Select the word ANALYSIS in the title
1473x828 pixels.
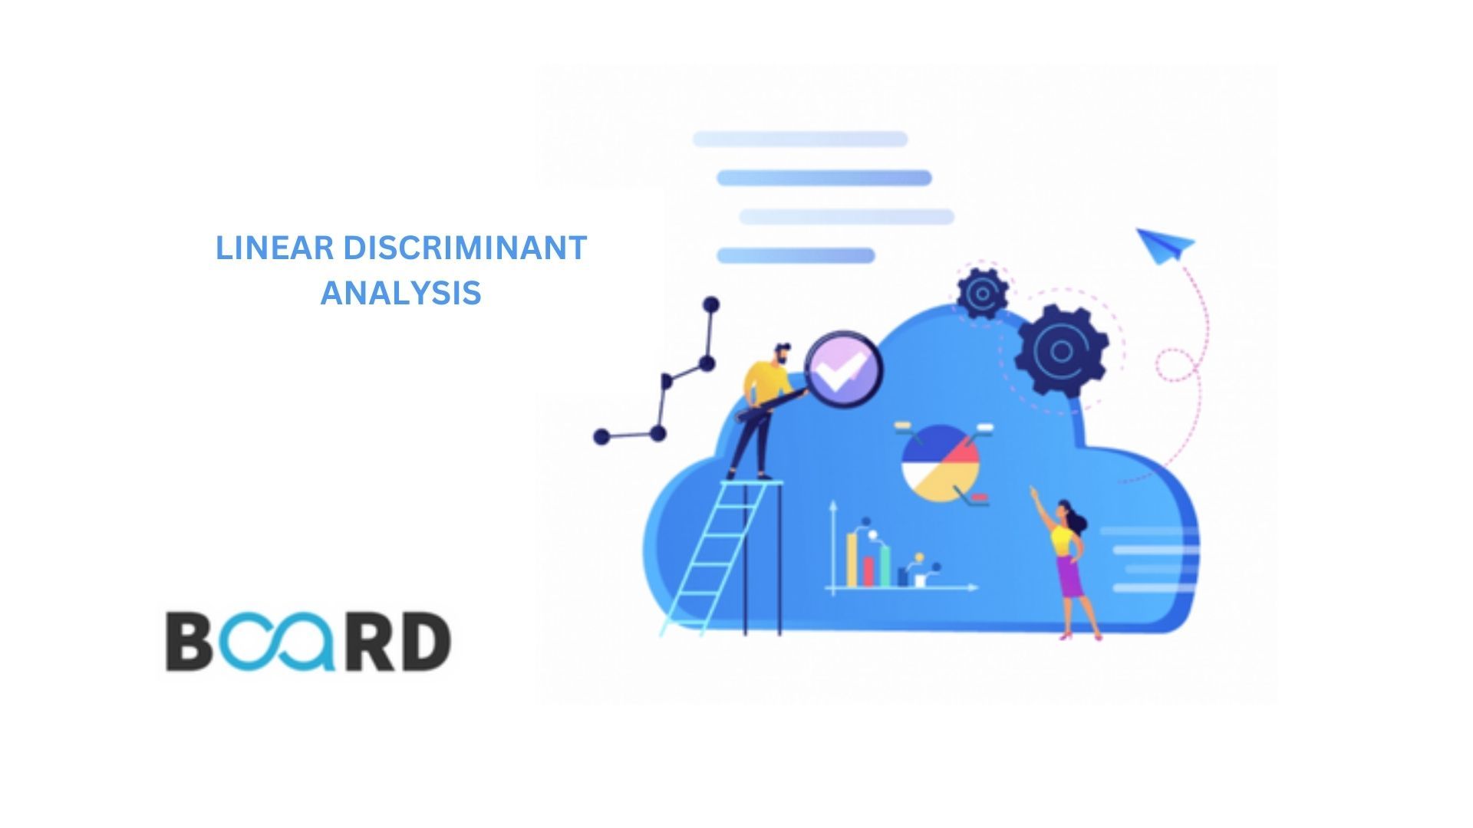point(400,293)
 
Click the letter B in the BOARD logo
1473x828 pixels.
point(189,641)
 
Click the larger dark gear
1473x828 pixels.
point(1062,351)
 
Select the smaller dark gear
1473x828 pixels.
point(982,292)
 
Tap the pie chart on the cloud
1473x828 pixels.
point(941,463)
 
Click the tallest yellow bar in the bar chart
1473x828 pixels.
point(852,560)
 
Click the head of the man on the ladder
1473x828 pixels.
point(780,353)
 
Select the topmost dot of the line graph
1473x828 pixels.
point(711,304)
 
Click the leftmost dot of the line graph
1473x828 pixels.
point(601,437)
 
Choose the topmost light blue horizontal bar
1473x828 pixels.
point(800,139)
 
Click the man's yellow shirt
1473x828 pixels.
point(767,382)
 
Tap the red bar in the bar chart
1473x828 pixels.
point(868,572)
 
